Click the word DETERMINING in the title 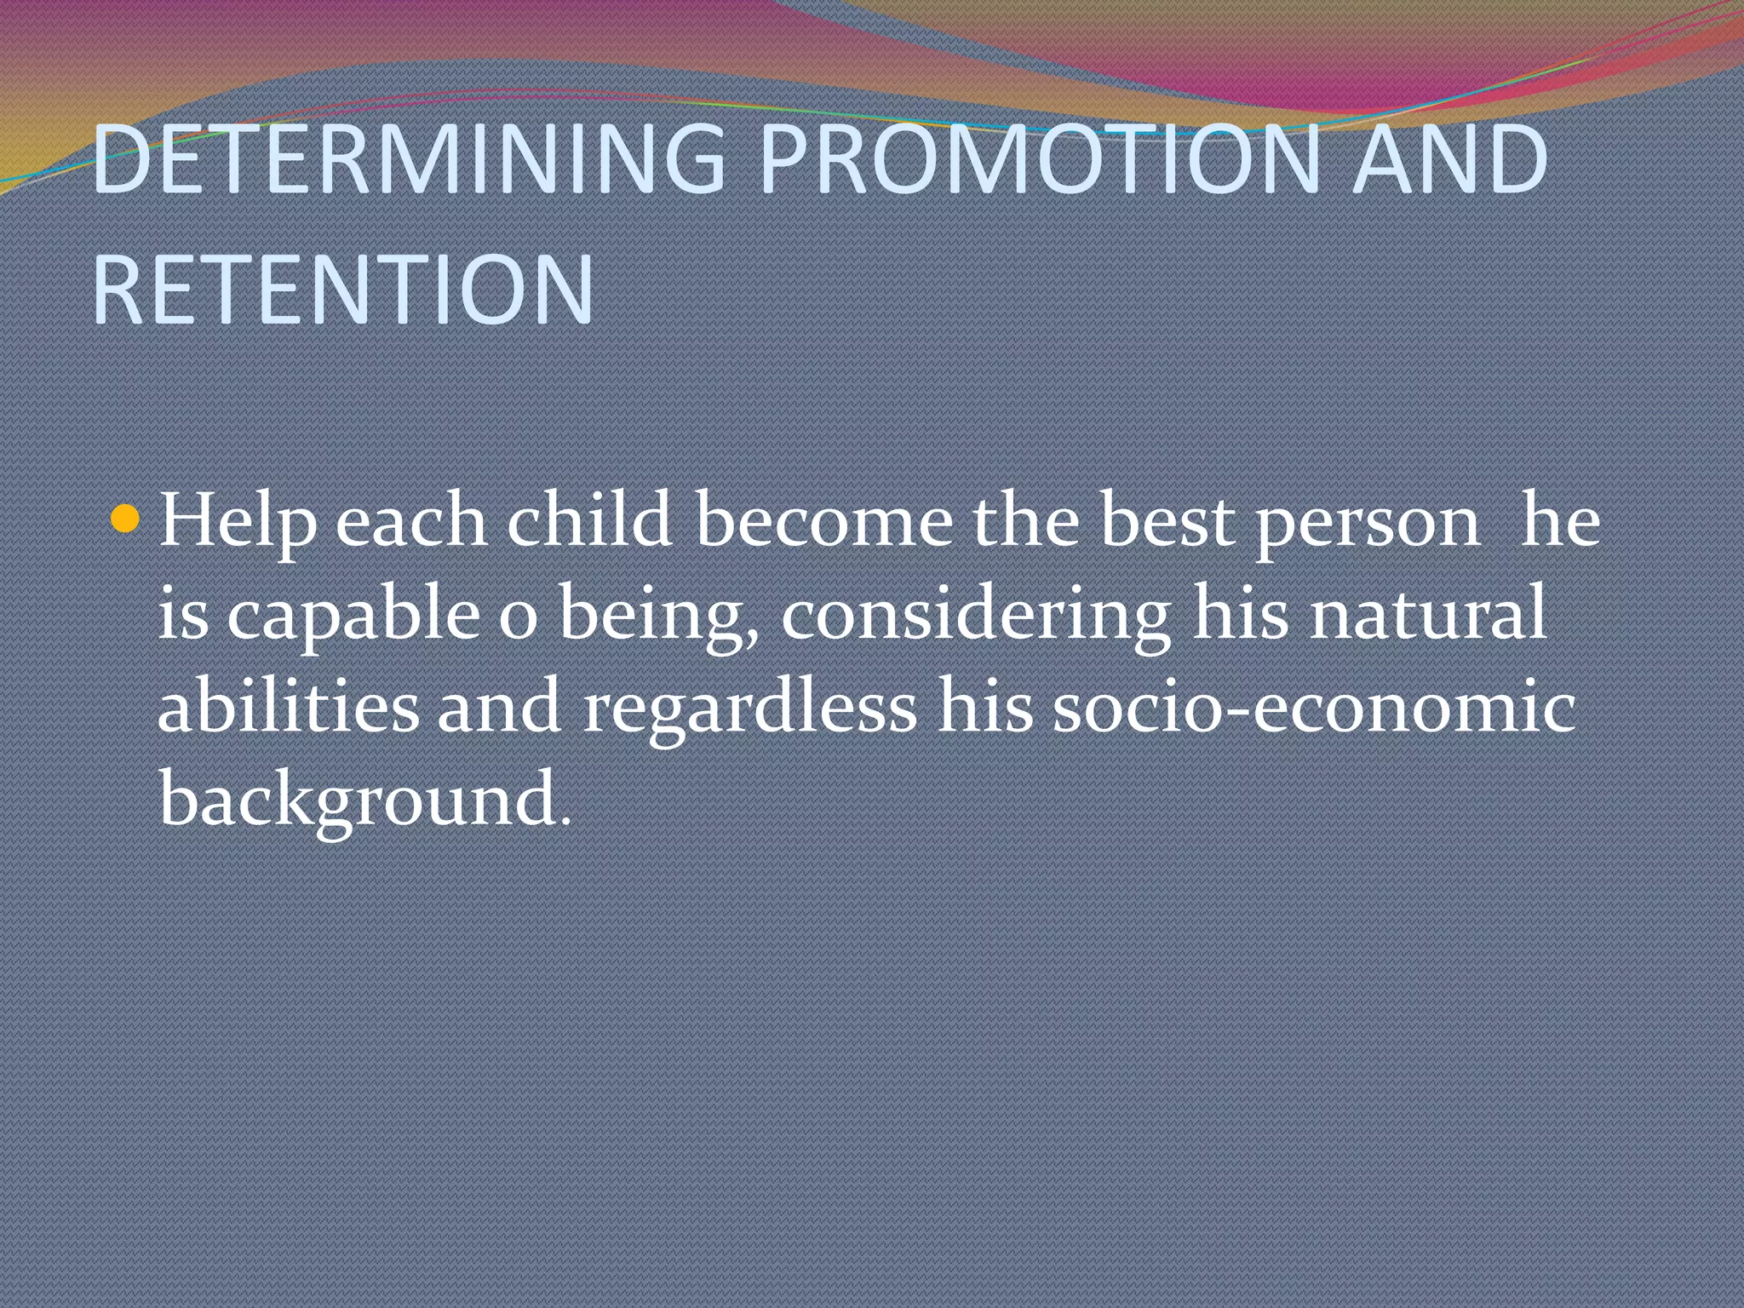[x=407, y=159]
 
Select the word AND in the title [x=1449, y=159]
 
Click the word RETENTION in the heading [x=342, y=290]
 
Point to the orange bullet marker [x=125, y=519]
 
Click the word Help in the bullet [x=238, y=521]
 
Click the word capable [x=353, y=616]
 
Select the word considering [x=976, y=616]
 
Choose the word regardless [x=750, y=708]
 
